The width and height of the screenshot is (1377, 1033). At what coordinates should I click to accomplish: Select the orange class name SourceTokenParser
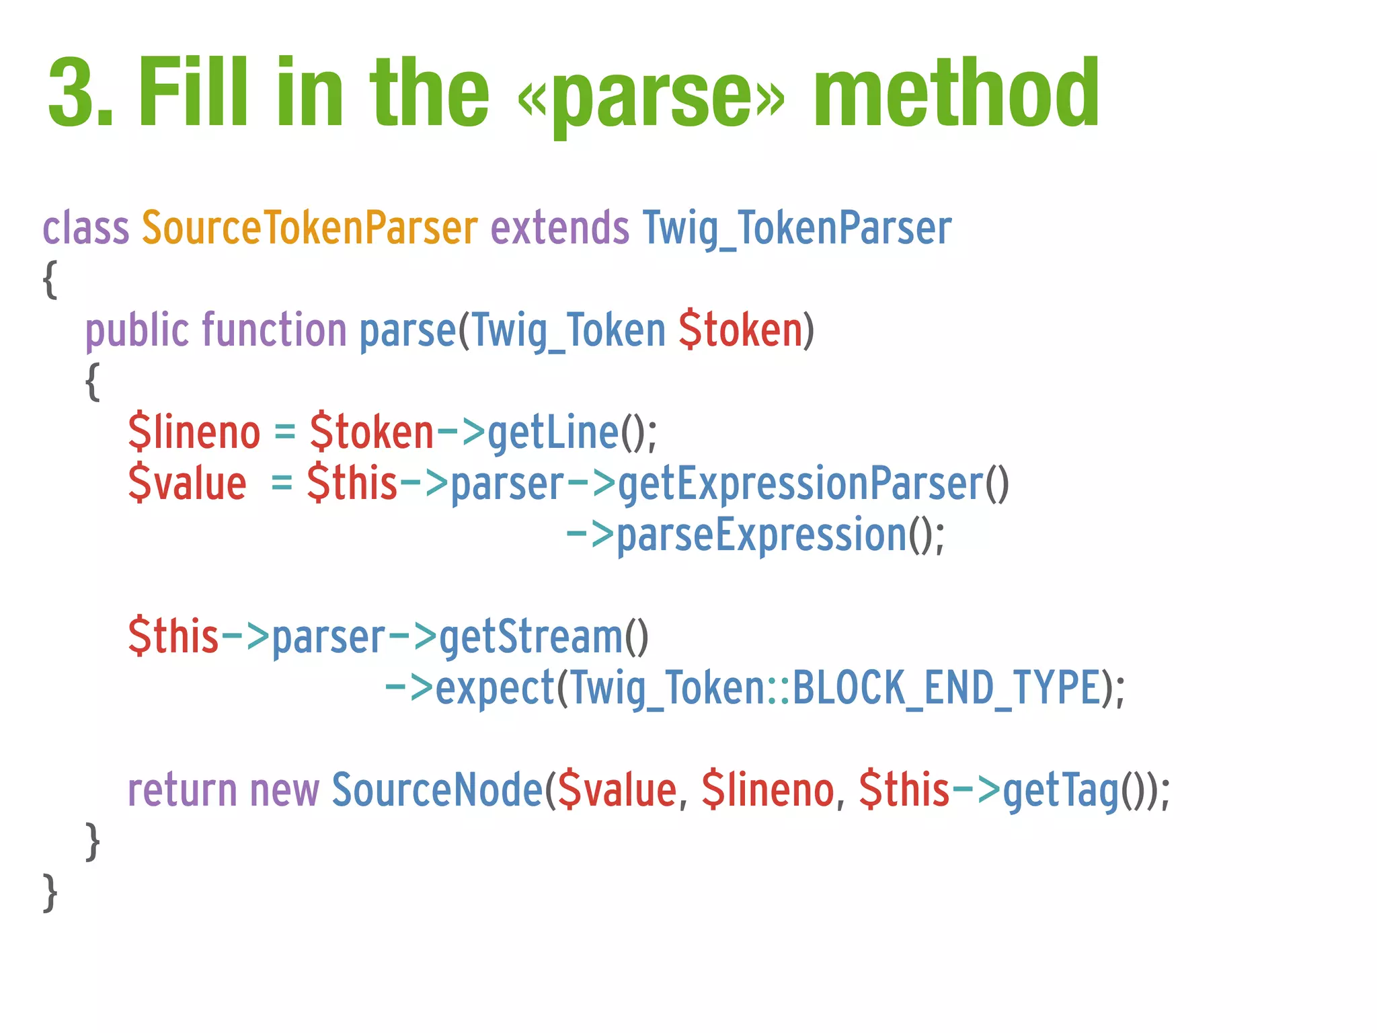tap(309, 228)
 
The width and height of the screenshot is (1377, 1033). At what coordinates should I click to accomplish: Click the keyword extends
tap(560, 228)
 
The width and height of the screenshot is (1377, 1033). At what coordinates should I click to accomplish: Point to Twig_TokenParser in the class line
tap(797, 229)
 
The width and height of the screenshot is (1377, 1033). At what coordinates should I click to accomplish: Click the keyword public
tap(137, 331)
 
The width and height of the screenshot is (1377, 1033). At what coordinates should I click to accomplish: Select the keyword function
tap(274, 330)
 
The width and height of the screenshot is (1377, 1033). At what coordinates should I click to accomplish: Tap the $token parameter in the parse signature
tap(740, 330)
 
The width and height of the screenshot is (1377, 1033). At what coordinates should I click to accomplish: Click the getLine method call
tap(553, 432)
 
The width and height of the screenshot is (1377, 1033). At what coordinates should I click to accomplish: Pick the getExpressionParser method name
tap(800, 484)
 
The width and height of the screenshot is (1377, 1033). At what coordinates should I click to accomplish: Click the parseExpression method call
tap(761, 536)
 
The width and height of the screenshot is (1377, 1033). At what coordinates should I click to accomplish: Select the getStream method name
tap(531, 637)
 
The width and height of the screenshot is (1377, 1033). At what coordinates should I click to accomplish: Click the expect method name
tap(495, 689)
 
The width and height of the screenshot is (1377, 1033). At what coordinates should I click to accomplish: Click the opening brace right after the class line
tap(50, 279)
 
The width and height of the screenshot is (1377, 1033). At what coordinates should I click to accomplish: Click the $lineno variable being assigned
tap(194, 432)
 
